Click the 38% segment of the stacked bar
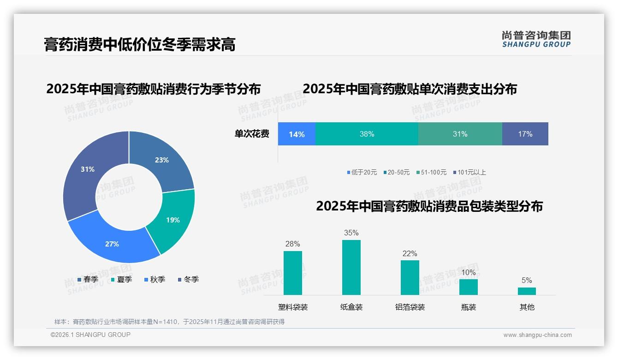(367, 134)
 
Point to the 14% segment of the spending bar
(297, 134)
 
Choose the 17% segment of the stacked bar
(525, 134)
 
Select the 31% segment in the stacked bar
(460, 134)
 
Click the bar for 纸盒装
(351, 267)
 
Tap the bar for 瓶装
(468, 287)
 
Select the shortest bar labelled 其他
(527, 291)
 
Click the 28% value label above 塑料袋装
(292, 244)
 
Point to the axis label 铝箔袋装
(410, 307)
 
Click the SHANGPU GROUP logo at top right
(536, 39)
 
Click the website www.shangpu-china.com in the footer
(537, 335)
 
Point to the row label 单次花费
(252, 134)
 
